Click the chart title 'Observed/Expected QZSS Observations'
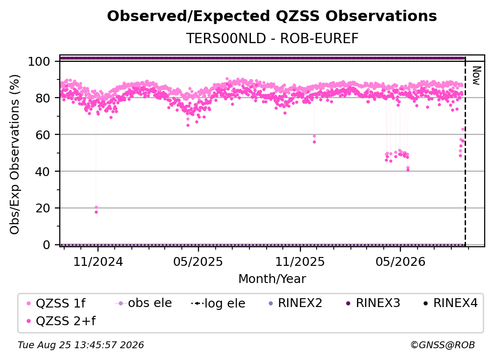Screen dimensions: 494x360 272,16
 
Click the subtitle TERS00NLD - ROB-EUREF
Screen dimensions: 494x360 272,38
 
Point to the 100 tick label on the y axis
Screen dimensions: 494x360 39,61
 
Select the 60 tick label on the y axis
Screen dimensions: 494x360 43,135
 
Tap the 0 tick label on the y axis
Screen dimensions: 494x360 46,245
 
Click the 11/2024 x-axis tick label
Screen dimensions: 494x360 98,261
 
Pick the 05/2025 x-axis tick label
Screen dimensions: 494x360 198,261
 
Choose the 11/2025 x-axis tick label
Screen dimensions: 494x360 300,261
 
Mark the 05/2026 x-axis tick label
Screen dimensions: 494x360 400,261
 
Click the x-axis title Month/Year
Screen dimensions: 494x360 272,279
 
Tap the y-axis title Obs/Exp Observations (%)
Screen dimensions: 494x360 15,154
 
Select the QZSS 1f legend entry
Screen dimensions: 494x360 56,303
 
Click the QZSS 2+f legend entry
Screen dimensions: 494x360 61,321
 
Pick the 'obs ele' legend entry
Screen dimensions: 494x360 143,303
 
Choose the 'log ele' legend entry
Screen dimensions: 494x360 218,303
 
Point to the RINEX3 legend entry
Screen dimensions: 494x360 373,303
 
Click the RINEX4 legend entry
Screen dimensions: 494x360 450,303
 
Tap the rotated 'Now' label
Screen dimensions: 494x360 476,76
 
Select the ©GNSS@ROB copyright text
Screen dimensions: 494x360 443,345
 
